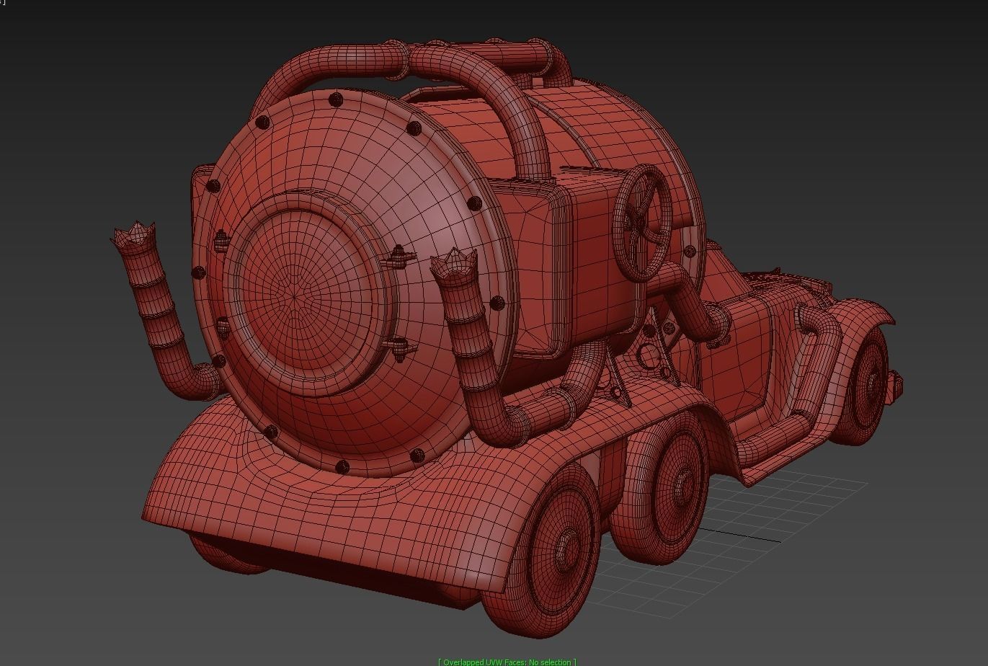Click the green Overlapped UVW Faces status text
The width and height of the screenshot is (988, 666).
pos(507,662)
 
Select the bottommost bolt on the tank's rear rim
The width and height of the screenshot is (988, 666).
pos(342,467)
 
